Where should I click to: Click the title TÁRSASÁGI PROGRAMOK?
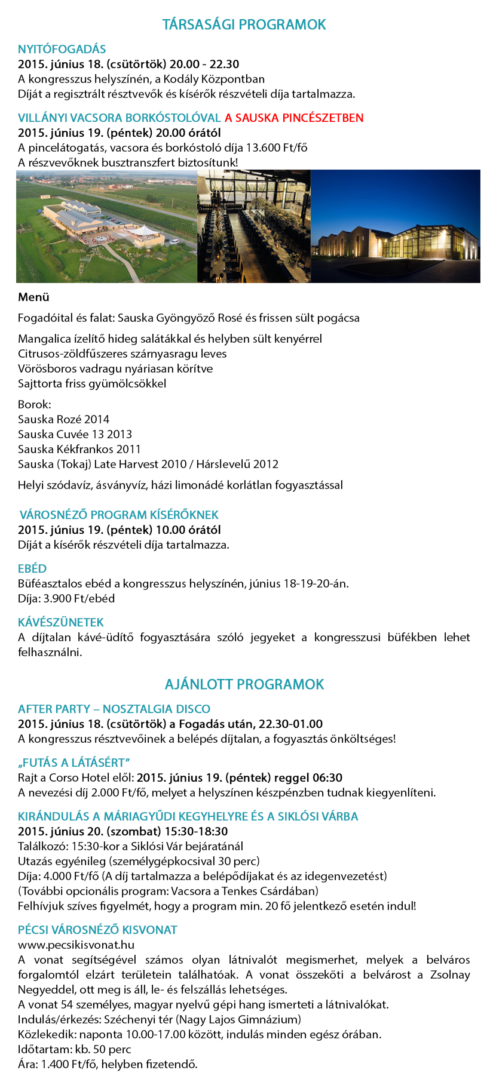coord(244,24)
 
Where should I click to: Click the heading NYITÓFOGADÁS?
coord(62,49)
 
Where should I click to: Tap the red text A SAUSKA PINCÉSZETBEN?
coord(294,118)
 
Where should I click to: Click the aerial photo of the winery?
coord(106,226)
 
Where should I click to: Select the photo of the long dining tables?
coord(253,226)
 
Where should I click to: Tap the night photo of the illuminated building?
coord(395,226)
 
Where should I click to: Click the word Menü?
coord(33,297)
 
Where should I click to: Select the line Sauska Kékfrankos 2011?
coord(79,449)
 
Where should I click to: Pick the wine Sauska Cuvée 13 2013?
coord(75,434)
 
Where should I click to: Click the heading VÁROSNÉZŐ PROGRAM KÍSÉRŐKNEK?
coord(119,515)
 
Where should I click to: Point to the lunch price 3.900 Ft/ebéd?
coord(79,598)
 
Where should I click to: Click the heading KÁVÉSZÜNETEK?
coord(61,622)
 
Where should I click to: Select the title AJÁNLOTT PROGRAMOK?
coord(244,684)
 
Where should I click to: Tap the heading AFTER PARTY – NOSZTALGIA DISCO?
coord(114,709)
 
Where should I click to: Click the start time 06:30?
coord(327,777)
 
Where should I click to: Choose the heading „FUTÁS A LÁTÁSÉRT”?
coord(74,763)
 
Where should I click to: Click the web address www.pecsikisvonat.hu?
coord(76,945)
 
